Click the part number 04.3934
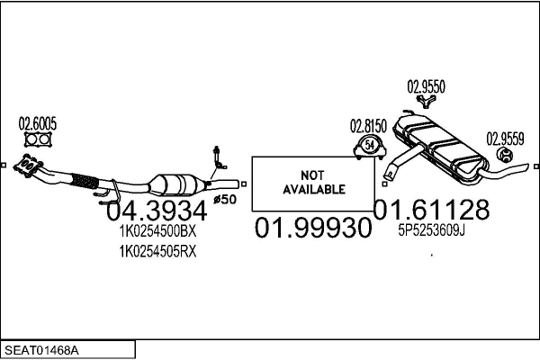(157, 211)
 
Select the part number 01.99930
(313, 228)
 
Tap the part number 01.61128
(432, 210)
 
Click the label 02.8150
(367, 126)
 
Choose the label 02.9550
(426, 87)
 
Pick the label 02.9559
(506, 139)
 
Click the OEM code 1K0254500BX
(157, 231)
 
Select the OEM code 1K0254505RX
(157, 251)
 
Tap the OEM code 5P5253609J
(432, 230)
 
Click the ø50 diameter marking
(225, 197)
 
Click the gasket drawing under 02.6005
(37, 140)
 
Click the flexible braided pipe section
(85, 180)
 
